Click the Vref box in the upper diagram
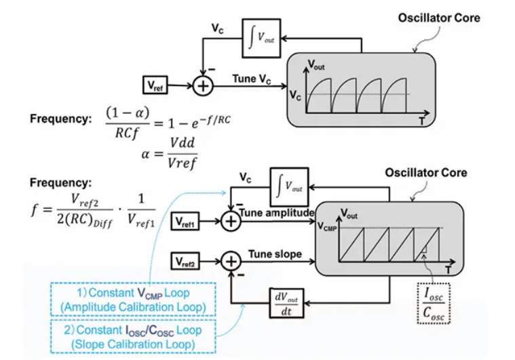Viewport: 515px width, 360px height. tap(154, 85)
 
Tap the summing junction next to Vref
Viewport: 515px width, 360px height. tap(202, 86)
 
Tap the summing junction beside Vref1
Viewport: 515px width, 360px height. tap(231, 222)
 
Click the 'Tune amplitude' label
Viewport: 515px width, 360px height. tap(275, 213)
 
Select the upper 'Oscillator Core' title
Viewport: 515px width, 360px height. tap(438, 18)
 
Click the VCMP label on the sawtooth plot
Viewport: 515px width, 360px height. tap(328, 228)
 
